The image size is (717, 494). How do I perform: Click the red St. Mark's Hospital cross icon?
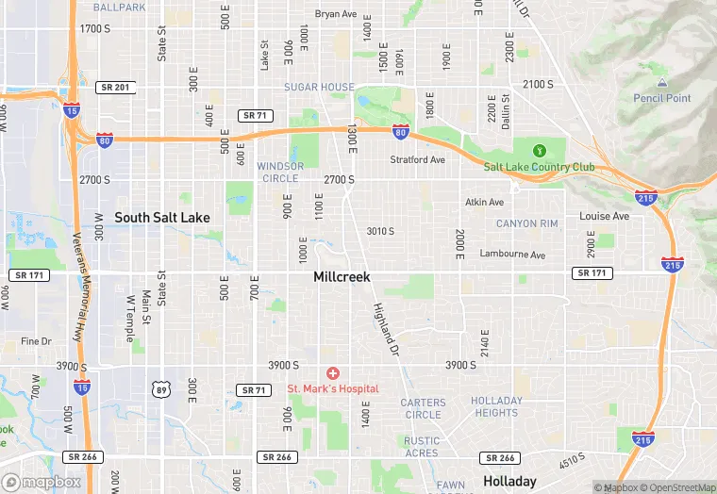[x=332, y=374]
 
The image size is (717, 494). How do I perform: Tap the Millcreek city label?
[x=342, y=277]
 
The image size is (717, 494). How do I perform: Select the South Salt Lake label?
[x=162, y=218]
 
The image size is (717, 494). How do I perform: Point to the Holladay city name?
[x=509, y=481]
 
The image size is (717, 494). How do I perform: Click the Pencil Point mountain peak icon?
[x=661, y=84]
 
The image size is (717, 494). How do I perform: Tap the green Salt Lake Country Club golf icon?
[x=540, y=150]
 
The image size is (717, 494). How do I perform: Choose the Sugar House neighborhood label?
[x=319, y=87]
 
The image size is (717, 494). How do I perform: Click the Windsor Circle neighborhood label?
[x=280, y=172]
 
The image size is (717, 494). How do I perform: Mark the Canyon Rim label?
[x=527, y=223]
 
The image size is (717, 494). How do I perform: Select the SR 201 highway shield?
[x=113, y=87]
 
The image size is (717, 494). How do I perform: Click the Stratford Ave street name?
[x=417, y=160]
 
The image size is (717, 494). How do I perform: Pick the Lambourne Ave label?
[x=512, y=255]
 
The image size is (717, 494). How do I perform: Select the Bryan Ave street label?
[x=336, y=14]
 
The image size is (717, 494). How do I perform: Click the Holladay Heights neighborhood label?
[x=495, y=406]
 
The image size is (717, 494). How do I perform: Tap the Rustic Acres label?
[x=422, y=447]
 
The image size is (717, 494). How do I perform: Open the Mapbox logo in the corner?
[x=42, y=482]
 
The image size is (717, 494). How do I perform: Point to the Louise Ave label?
[x=604, y=216]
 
